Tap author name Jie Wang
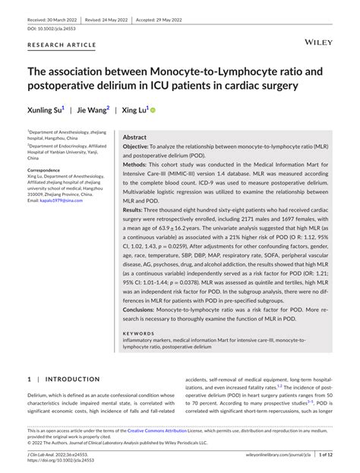[93, 110]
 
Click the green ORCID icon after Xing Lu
[152, 110]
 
